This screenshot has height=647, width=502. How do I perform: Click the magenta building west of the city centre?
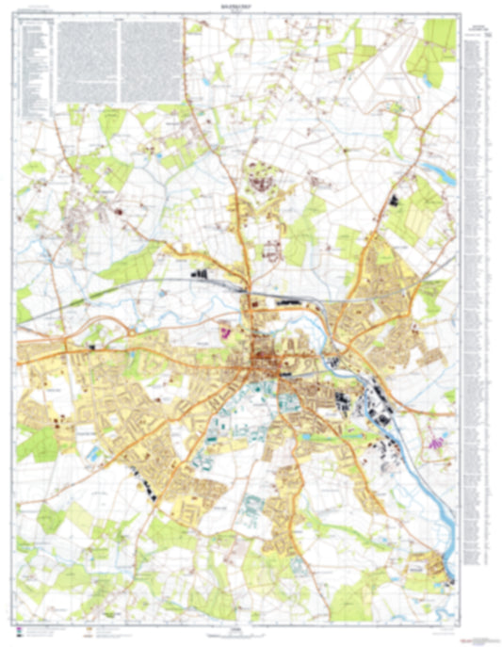click(225, 332)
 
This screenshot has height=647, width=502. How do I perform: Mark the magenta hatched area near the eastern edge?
click(435, 439)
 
